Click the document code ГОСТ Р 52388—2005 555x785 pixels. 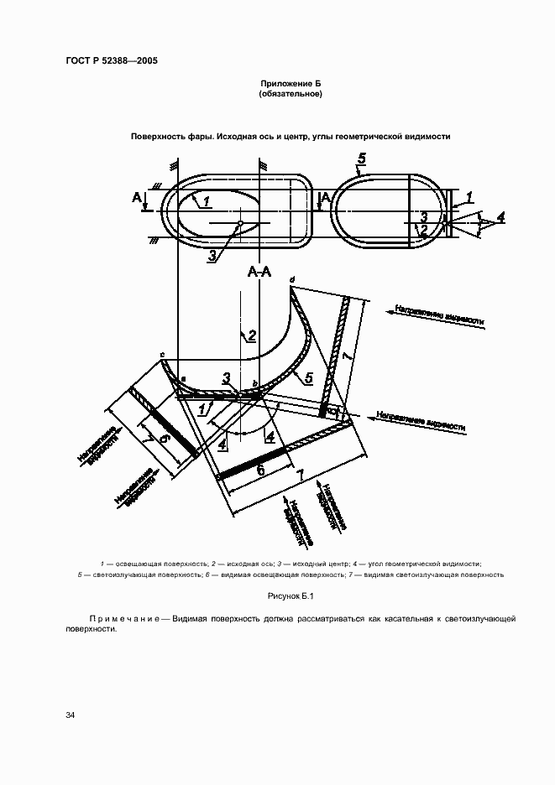[112, 61]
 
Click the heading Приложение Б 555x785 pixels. [291, 85]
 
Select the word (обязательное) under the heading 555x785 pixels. [291, 95]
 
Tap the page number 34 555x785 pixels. [71, 715]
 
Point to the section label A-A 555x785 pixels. [259, 272]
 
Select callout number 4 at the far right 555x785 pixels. [500, 217]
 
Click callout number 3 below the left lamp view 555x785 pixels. [212, 256]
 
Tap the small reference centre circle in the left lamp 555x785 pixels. [240, 223]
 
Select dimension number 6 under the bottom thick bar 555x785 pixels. [260, 471]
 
